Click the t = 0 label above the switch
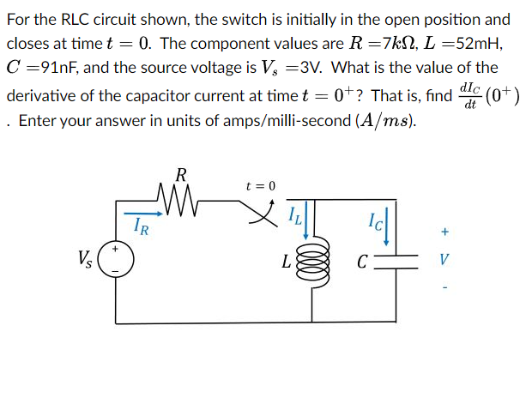pos(261,185)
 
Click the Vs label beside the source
pos(83,256)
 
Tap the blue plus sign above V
pos(444,232)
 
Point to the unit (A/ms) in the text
pos(383,121)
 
